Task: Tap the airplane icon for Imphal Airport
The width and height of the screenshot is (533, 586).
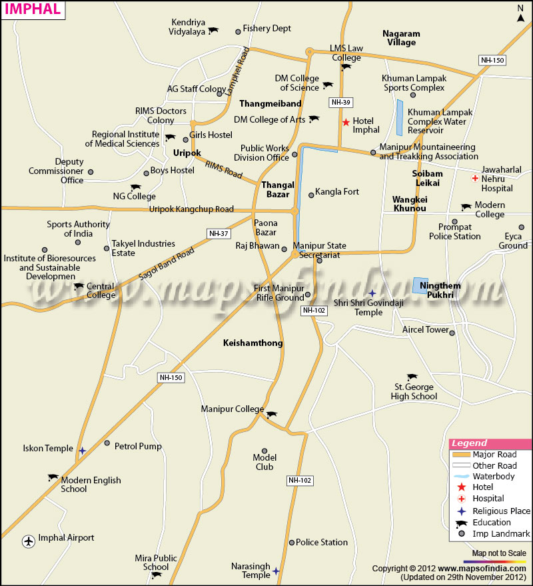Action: point(28,541)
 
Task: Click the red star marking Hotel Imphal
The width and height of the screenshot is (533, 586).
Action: point(346,122)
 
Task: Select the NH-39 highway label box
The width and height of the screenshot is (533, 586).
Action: point(340,102)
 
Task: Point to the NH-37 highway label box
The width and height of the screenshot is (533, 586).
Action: point(218,233)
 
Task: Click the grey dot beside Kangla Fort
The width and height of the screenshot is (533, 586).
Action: point(311,195)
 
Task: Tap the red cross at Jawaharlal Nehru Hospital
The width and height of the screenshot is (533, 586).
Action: point(474,178)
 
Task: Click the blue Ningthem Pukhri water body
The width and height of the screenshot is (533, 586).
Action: point(420,285)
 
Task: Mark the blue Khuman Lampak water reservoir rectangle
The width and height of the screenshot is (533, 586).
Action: point(400,118)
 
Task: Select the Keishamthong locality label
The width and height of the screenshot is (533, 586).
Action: point(253,343)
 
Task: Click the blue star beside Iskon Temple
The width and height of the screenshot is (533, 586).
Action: point(82,451)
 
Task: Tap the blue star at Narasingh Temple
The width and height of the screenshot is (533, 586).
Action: point(276,571)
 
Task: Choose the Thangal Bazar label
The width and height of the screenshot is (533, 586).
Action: point(278,189)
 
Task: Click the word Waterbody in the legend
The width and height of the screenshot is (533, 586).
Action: point(493,476)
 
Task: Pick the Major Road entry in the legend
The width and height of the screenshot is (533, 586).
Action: point(494,455)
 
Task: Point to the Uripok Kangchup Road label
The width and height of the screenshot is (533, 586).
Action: point(191,209)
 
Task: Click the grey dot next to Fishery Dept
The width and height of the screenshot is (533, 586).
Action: point(238,31)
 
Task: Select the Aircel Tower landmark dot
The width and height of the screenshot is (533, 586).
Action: point(452,333)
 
